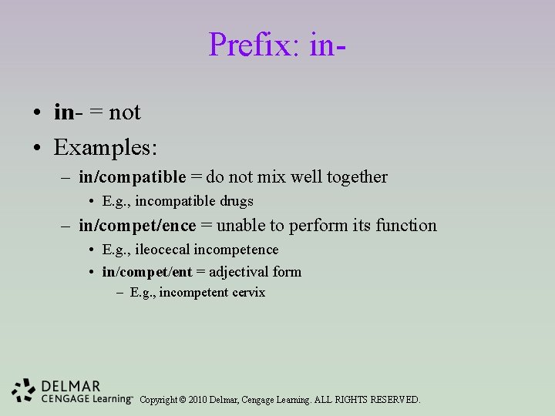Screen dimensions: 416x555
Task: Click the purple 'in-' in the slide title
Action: click(x=327, y=45)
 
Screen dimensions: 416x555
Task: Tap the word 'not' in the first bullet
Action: click(x=125, y=112)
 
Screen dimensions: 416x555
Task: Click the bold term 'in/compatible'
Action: click(x=132, y=177)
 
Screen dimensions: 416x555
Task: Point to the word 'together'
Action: click(x=357, y=177)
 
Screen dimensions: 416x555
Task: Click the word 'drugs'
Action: click(x=236, y=201)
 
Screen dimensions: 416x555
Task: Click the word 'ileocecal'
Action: click(x=162, y=250)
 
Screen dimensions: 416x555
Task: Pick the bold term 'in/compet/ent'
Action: click(x=147, y=272)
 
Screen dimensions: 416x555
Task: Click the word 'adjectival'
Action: click(x=238, y=272)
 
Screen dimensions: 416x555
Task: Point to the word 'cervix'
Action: click(x=247, y=293)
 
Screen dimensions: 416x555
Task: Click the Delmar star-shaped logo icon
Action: click(x=24, y=391)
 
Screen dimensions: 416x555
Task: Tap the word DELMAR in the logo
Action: click(x=72, y=386)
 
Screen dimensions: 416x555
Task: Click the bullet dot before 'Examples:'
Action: click(x=37, y=146)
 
